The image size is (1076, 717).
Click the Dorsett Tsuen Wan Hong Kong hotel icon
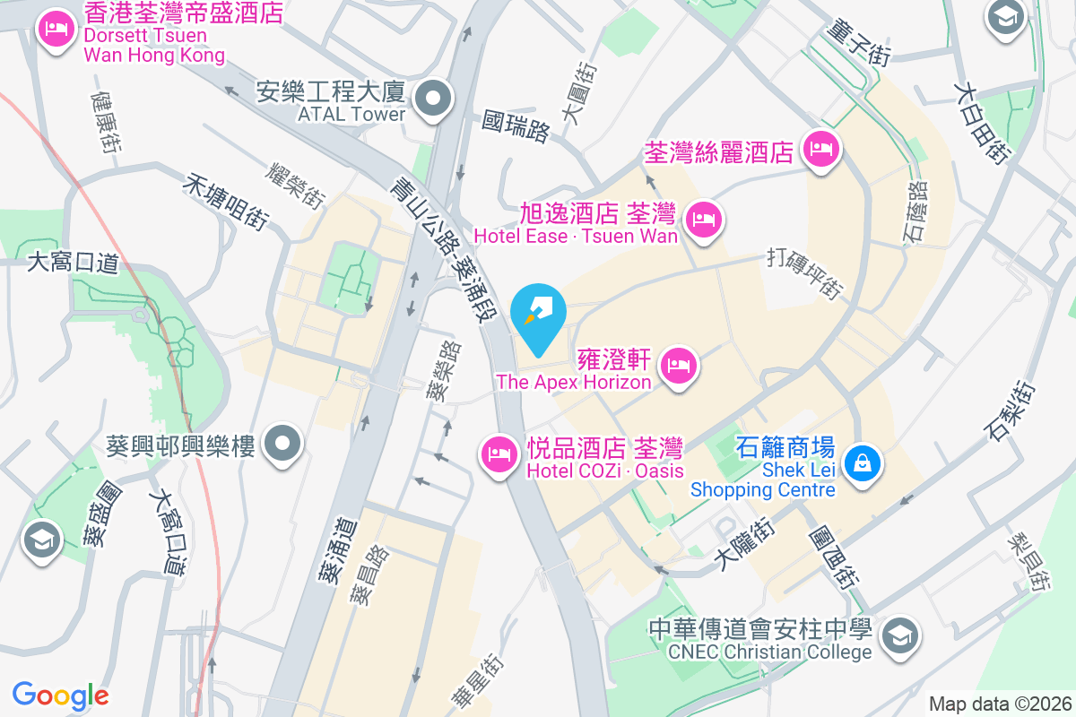pos(56,30)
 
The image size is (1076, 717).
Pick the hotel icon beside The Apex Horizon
pos(679,366)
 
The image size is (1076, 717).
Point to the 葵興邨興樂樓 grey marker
pos(284,443)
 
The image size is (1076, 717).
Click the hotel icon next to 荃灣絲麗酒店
pos(820,149)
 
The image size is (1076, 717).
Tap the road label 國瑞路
pos(516,126)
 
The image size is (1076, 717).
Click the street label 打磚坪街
pos(805,272)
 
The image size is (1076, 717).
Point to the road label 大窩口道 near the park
pos(74,263)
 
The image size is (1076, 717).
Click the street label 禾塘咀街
pos(226,201)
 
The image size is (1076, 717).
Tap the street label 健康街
pos(106,120)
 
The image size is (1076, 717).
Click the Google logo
pos(60,695)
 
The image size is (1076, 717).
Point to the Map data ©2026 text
pos(1000,704)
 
